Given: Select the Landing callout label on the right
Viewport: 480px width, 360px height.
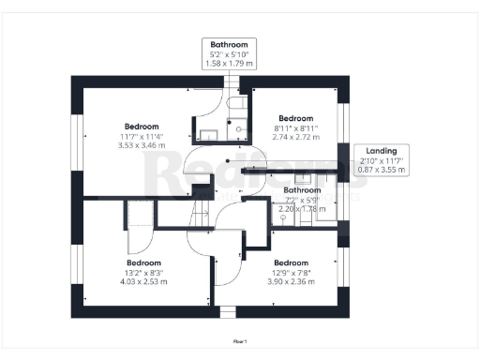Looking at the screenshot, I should click(x=382, y=150).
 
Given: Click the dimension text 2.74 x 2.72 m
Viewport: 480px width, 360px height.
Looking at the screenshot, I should click(x=296, y=137).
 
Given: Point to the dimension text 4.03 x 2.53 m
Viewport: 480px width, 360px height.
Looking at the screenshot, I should click(x=143, y=281).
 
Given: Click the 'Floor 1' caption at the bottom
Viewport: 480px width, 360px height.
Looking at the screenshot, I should click(x=240, y=341).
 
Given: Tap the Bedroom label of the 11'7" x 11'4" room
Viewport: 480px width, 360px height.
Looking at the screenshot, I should click(x=142, y=127).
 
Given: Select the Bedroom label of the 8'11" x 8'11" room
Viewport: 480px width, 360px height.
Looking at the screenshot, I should click(x=296, y=118).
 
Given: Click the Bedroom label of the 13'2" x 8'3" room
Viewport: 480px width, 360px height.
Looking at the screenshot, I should click(x=143, y=262).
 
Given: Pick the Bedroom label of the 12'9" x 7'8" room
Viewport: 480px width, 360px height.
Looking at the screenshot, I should click(x=291, y=262).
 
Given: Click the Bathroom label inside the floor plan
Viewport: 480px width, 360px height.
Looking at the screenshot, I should click(x=302, y=190).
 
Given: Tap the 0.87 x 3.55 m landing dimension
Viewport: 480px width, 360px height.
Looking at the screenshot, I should click(x=382, y=170).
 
